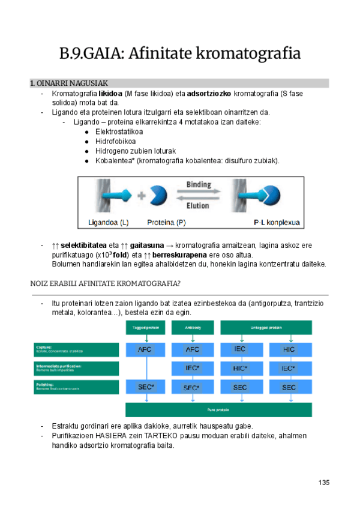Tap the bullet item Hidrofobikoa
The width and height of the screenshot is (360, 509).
click(115, 141)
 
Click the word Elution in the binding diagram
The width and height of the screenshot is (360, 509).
click(197, 205)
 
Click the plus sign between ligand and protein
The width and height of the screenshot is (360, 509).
click(141, 195)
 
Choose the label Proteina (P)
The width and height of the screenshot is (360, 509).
click(166, 223)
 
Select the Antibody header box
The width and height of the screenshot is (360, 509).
click(193, 328)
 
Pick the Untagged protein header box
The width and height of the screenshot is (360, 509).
click(266, 328)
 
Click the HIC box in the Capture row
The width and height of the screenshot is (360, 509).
click(289, 349)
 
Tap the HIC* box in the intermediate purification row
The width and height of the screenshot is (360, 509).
click(241, 368)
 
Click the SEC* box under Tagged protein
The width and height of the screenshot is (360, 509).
click(146, 387)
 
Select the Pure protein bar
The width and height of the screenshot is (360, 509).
click(218, 409)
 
